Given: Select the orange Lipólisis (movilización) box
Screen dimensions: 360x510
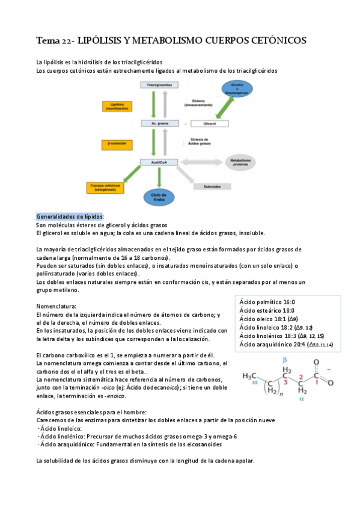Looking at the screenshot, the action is coord(122,106).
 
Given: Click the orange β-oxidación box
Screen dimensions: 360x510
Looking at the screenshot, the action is coord(122,145).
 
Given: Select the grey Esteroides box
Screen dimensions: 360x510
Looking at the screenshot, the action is coord(212,186).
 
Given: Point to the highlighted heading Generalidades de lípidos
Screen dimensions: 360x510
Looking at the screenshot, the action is coord(70,217).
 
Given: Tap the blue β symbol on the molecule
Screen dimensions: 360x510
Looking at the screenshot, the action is coord(285,359).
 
